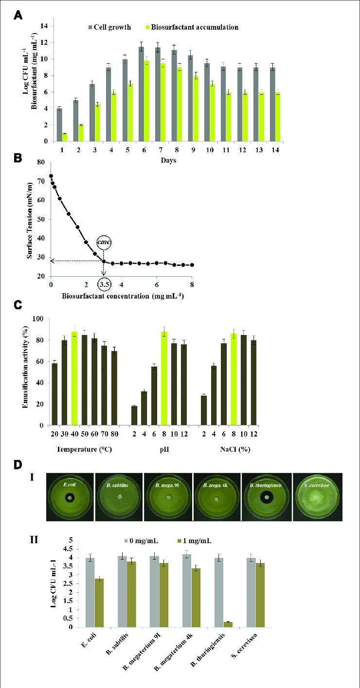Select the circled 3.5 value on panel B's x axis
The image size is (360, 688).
pos(104,283)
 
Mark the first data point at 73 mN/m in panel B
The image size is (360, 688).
pos(51,176)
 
